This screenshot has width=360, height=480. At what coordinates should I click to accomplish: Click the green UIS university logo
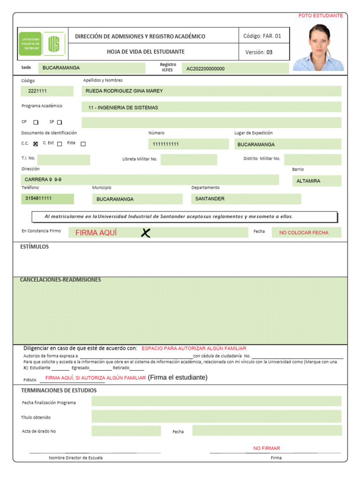tap(42, 44)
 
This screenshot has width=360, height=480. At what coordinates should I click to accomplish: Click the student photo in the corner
tap(318, 47)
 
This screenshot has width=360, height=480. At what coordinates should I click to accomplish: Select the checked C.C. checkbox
tap(36, 144)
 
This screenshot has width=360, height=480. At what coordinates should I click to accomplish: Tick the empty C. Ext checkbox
tap(60, 144)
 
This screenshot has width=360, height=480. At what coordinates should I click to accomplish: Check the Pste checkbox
tap(83, 144)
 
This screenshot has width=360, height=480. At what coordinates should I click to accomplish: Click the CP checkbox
tap(36, 122)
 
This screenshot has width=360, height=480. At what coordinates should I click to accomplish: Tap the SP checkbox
tap(60, 122)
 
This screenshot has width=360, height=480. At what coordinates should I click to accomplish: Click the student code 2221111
tap(37, 91)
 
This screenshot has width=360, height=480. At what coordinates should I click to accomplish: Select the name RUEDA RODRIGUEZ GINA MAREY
tap(124, 91)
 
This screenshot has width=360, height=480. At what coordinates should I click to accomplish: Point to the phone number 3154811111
tap(38, 198)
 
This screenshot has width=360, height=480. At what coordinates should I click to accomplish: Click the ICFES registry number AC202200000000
tap(205, 69)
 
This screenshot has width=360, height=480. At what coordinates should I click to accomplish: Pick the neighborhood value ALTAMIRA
tap(308, 181)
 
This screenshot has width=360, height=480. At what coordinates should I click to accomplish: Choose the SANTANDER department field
tap(210, 199)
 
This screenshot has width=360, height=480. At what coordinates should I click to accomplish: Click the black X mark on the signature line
tap(146, 232)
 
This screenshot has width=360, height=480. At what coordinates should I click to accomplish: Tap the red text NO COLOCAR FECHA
tap(304, 232)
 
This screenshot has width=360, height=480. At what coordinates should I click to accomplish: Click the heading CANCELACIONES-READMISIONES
tap(60, 280)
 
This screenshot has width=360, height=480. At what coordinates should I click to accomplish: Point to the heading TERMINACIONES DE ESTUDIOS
tap(59, 390)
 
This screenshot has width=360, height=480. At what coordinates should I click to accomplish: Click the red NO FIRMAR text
tap(267, 449)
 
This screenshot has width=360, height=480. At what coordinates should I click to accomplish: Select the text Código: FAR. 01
tap(262, 36)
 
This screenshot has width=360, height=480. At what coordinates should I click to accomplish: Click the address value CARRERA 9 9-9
tap(43, 180)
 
